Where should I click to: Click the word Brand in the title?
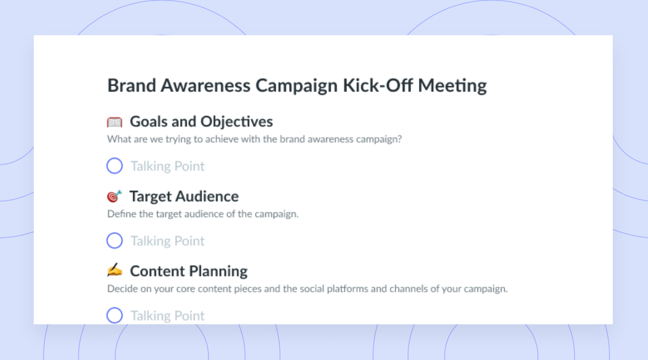(132, 86)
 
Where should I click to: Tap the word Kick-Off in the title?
(377, 86)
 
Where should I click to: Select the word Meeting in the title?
(452, 86)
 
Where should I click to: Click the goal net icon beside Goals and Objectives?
(115, 122)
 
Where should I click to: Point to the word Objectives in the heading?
(236, 122)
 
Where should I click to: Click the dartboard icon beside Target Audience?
(114, 196)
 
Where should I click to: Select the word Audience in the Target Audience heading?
(207, 196)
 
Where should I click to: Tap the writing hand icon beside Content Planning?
(115, 270)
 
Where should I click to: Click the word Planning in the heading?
(218, 271)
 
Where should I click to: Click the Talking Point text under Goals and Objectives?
(167, 166)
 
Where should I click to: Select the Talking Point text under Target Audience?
(167, 241)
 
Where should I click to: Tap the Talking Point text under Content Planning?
(167, 316)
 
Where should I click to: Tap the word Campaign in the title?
(297, 86)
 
